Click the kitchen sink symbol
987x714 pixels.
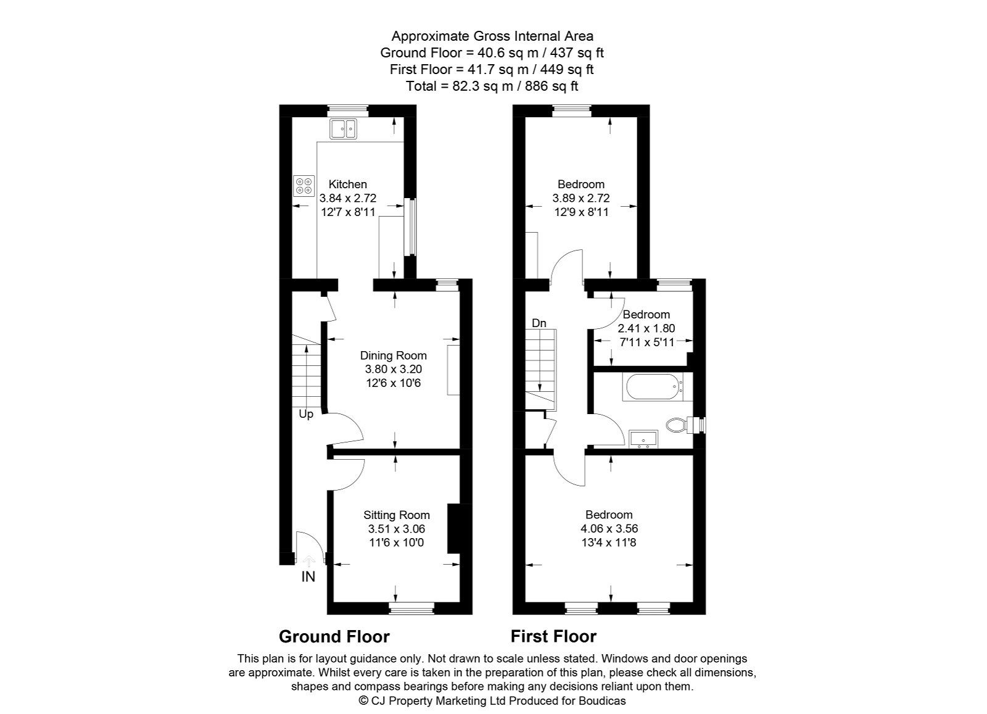(343, 129)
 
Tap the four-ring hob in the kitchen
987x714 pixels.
(304, 185)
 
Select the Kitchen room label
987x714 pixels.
(347, 184)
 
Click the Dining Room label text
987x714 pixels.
(393, 355)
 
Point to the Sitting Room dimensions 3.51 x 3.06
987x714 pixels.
(396, 529)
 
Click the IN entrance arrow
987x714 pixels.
(308, 560)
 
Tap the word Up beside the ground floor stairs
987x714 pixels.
(306, 414)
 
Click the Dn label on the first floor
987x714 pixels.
(539, 323)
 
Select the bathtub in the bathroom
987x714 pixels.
(654, 388)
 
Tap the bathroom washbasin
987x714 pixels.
(644, 439)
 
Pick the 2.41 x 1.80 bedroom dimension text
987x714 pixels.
(646, 329)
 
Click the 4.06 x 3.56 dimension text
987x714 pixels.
(609, 529)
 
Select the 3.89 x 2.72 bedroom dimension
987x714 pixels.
(580, 198)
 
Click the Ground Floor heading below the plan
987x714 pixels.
(334, 636)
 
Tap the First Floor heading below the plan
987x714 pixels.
(553, 636)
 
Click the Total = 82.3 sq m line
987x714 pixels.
(492, 86)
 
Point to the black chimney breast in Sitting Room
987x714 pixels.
(455, 529)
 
